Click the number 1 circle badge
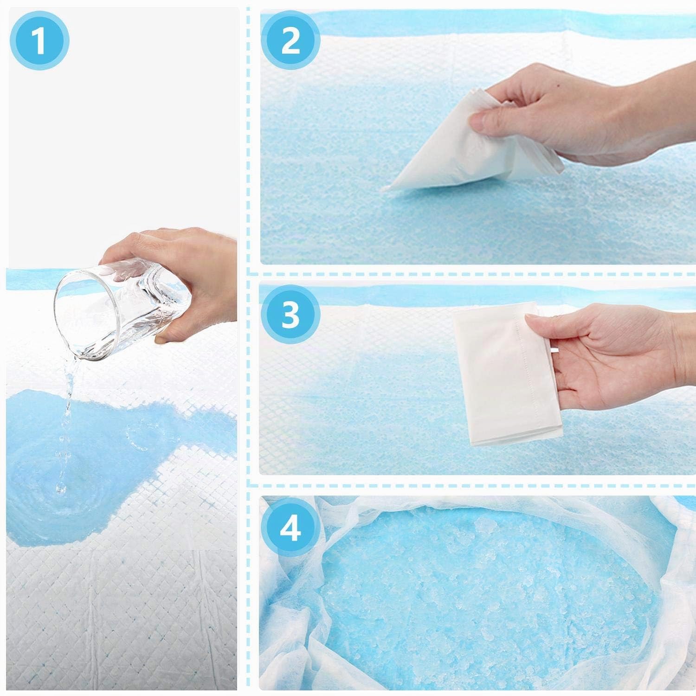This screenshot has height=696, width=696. (x=39, y=40)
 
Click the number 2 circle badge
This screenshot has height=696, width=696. (x=290, y=40)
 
